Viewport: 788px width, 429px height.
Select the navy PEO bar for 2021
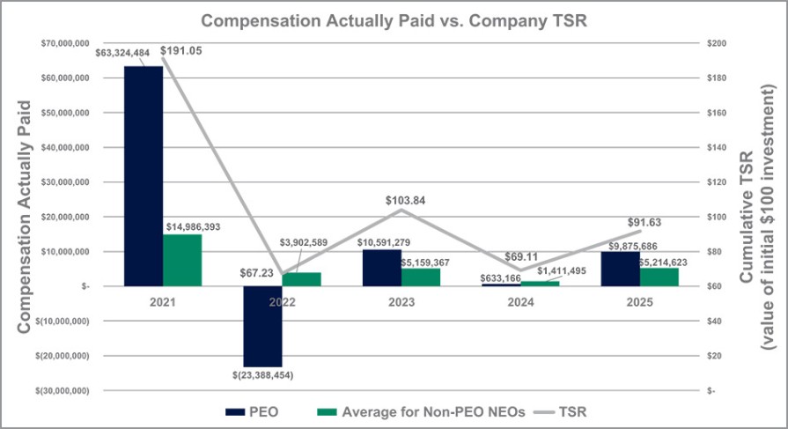point(143,175)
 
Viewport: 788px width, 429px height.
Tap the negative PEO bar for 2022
point(261,326)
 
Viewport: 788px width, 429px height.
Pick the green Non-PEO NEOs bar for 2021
point(182,260)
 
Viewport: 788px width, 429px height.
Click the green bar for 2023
point(420,277)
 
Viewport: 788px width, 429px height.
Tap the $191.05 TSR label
point(180,50)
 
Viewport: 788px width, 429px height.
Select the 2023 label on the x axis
point(401,300)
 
